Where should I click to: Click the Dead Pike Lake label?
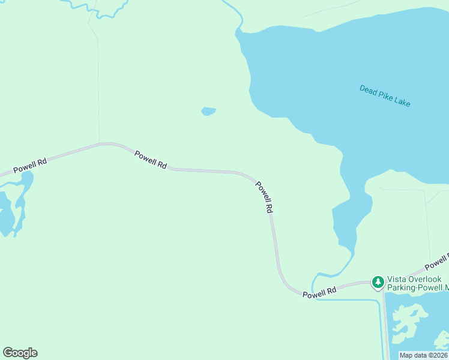click(x=385, y=95)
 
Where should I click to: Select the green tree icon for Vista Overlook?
click(x=378, y=281)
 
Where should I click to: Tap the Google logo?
click(x=20, y=353)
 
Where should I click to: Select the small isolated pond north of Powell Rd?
click(x=208, y=111)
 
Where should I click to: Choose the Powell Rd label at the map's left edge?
click(x=30, y=165)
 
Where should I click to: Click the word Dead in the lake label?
click(x=367, y=89)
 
